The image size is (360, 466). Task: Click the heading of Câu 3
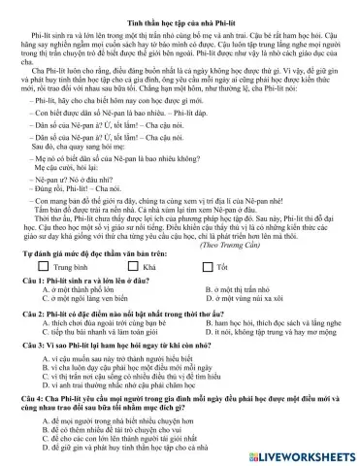(x=126, y=348)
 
